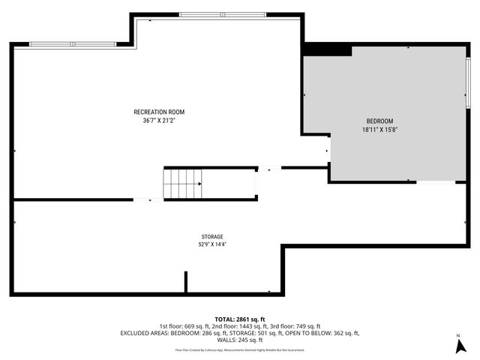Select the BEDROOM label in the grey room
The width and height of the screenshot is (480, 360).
coord(379,121)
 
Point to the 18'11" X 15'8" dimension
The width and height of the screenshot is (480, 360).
coord(379,129)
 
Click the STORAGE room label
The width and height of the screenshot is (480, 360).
coord(211,236)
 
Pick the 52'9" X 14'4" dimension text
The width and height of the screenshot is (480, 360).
coord(211,244)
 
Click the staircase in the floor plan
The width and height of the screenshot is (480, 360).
coord(183,182)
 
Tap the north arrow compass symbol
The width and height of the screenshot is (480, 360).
coord(457,346)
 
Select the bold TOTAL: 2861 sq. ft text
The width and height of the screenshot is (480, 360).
coord(240,319)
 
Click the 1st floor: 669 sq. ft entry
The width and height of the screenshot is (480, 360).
coord(183,326)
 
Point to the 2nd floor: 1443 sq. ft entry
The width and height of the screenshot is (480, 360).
coord(239,326)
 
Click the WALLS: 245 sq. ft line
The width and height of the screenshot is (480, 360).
coord(240,340)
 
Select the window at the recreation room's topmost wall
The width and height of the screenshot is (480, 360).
coord(200,14)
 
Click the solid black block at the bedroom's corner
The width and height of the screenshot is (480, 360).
coord(326,49)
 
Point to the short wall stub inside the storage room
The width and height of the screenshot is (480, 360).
coord(186,282)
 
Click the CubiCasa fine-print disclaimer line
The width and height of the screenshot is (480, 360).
coord(240,349)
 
